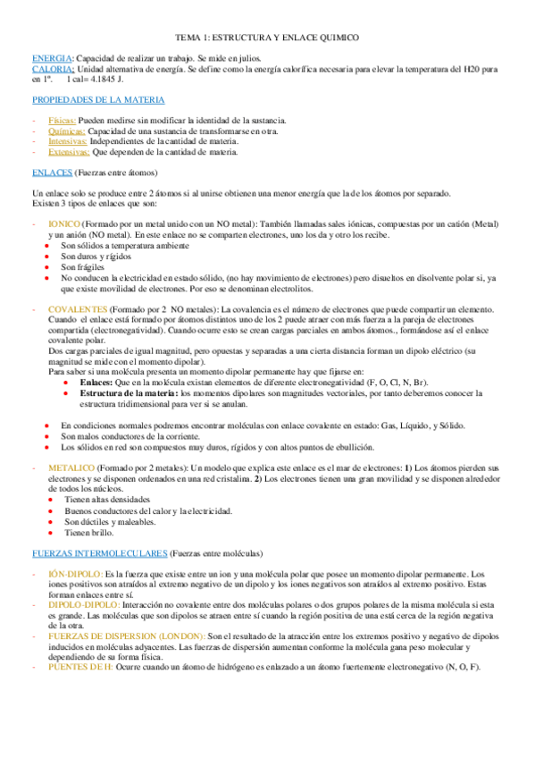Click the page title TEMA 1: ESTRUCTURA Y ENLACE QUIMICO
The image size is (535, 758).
pos(267,38)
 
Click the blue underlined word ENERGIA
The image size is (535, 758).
pos(50,57)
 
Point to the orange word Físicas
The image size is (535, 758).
pos(63,120)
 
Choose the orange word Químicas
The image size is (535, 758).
pos(67,131)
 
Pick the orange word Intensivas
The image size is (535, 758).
pos(68,141)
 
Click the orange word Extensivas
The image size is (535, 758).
pos(69,152)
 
